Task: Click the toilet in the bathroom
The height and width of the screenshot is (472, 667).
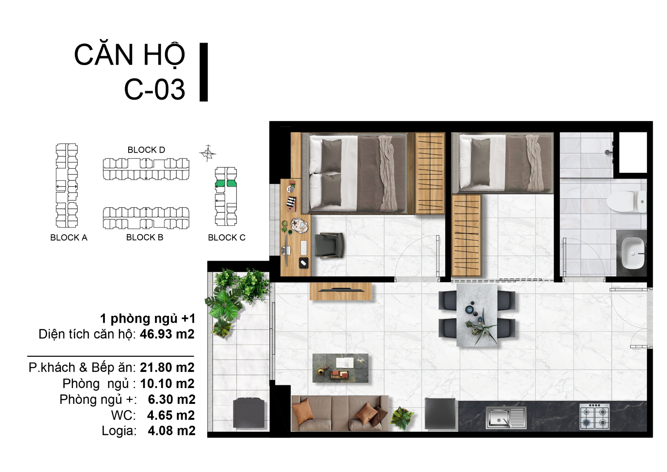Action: pyautogui.click(x=627, y=202)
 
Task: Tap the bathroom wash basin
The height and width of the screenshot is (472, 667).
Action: pyautogui.click(x=633, y=253)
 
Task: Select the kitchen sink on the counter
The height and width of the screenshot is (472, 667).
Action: pyautogui.click(x=506, y=418)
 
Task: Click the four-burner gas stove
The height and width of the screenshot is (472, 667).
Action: pyautogui.click(x=594, y=416)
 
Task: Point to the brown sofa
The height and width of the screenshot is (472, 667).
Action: pyautogui.click(x=340, y=413)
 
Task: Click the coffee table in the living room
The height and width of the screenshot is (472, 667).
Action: pyautogui.click(x=340, y=368)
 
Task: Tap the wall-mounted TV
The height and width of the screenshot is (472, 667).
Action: pyautogui.click(x=341, y=290)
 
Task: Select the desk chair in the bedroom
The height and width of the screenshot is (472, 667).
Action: pyautogui.click(x=329, y=245)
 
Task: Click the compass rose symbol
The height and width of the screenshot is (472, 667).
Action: pyautogui.click(x=208, y=153)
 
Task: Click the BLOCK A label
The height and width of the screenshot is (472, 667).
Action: pyautogui.click(x=69, y=237)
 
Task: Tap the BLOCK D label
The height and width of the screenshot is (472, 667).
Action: pyautogui.click(x=146, y=149)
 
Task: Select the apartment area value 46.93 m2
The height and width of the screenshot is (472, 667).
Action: pyautogui.click(x=167, y=334)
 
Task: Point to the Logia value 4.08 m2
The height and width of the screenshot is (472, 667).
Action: pyautogui.click(x=172, y=431)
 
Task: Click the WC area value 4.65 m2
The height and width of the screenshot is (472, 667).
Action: pyautogui.click(x=171, y=415)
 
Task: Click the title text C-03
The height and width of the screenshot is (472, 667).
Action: pyautogui.click(x=155, y=89)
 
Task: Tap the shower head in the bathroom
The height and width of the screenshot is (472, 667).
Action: pyautogui.click(x=608, y=152)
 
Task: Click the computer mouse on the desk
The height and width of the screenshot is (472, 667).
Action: pyautogui.click(x=303, y=263)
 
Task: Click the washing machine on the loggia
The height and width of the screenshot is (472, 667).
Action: pyautogui.click(x=249, y=412)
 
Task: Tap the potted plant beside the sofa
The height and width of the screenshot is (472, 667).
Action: pyautogui.click(x=403, y=418)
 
